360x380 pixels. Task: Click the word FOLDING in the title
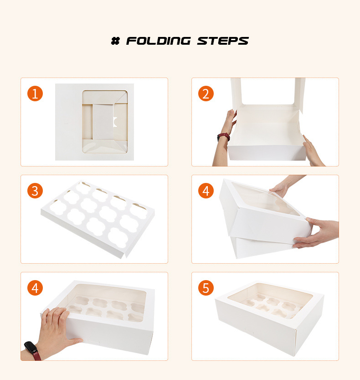(x=158, y=41)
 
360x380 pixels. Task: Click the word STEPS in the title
(x=223, y=41)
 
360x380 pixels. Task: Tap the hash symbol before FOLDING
(x=115, y=41)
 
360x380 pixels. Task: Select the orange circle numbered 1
(x=35, y=94)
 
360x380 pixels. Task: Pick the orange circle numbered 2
(x=206, y=94)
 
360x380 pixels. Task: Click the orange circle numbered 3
(x=35, y=191)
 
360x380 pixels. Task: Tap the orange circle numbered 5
(x=206, y=288)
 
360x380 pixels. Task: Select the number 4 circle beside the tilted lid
(x=206, y=191)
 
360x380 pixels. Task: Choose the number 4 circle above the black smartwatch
(x=35, y=288)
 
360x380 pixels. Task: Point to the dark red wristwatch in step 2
(x=223, y=137)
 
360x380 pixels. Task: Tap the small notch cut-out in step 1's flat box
(x=115, y=122)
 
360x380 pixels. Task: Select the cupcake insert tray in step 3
(x=98, y=219)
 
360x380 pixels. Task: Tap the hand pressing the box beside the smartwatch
(x=57, y=329)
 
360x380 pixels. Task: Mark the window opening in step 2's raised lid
(x=268, y=91)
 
